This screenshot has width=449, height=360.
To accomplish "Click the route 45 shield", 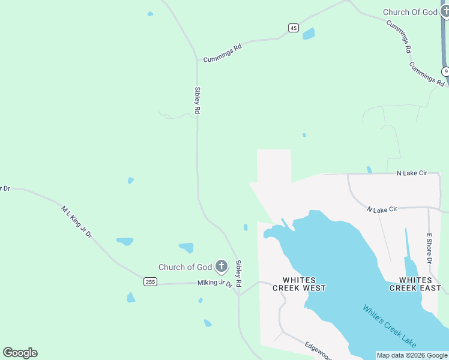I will pyautogui.click(x=293, y=28).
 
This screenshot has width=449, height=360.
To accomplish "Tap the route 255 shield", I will pyautogui.click(x=151, y=281).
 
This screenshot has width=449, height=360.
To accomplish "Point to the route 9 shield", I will pyautogui.click(x=446, y=71).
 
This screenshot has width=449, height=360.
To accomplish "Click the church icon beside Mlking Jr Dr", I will pyautogui.click(x=221, y=266).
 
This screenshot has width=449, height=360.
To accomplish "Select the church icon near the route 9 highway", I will pyautogui.click(x=445, y=11).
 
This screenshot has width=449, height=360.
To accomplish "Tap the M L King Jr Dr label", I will pyautogui.click(x=76, y=222).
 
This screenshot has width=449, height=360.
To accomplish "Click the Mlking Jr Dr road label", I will pyautogui.click(x=214, y=283).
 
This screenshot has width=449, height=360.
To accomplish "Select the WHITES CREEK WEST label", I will pyautogui.click(x=299, y=284).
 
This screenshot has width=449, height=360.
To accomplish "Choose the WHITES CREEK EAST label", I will pyautogui.click(x=415, y=284).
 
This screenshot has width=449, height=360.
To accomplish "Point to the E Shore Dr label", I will pyautogui.click(x=429, y=248).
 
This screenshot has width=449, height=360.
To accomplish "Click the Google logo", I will pyautogui.click(x=20, y=353).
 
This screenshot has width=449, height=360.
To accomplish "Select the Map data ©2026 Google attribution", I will pyautogui.click(x=412, y=355).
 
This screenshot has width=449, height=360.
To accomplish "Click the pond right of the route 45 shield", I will pyautogui.click(x=309, y=34).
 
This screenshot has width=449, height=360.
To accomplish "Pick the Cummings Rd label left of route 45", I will pyautogui.click(x=222, y=53).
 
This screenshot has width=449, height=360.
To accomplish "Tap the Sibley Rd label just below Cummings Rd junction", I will pyautogui.click(x=197, y=100).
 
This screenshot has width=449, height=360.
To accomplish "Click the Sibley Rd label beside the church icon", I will pyautogui.click(x=238, y=273).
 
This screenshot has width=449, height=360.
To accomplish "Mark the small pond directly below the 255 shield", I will pyautogui.click(x=131, y=297).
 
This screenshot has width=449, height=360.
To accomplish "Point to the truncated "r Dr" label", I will pyautogui.click(x=5, y=188).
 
